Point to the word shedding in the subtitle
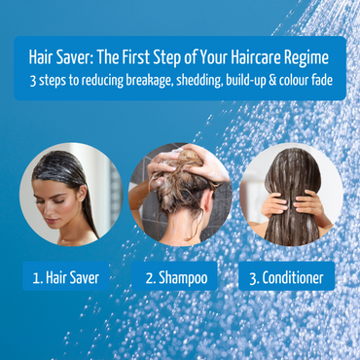(195, 80)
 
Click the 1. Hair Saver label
(65, 277)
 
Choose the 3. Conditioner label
(286, 277)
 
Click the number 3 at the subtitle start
(33, 80)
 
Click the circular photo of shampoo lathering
(179, 194)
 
